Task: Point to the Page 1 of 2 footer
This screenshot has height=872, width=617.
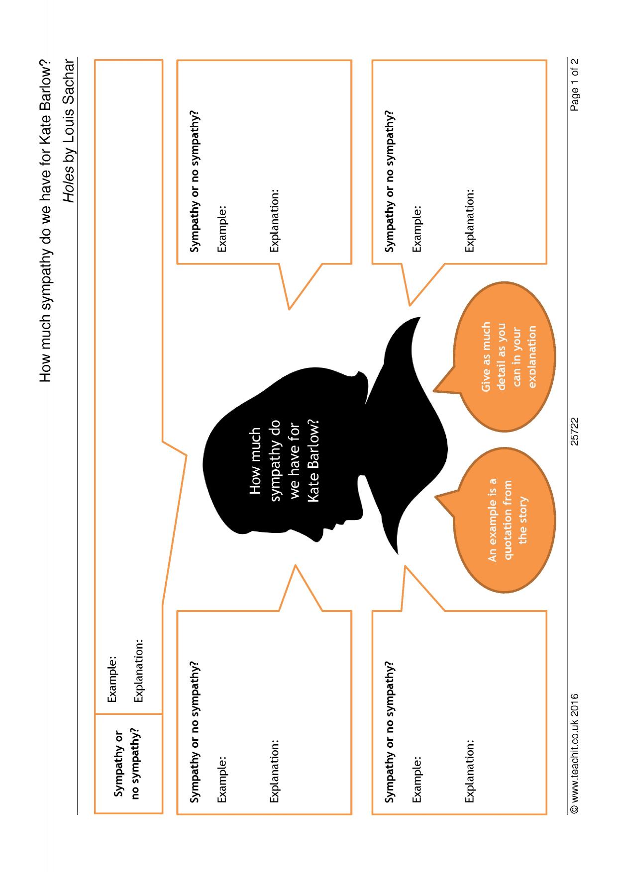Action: click(x=575, y=85)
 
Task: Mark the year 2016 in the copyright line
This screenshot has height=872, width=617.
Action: click(x=575, y=705)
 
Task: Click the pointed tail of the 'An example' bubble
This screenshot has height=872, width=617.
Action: click(x=436, y=496)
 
